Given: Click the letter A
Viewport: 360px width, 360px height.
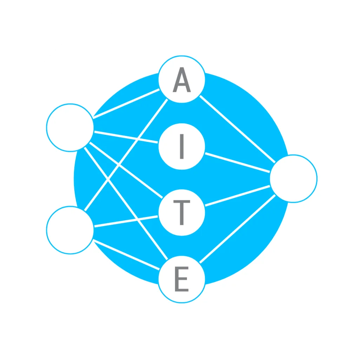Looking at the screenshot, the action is click(182, 79).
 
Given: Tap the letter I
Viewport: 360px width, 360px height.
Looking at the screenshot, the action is click(182, 146).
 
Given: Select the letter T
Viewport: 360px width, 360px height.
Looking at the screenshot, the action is click(182, 213).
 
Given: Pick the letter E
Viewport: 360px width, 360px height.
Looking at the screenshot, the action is click(182, 279).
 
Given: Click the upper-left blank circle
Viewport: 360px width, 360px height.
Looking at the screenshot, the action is click(70, 128).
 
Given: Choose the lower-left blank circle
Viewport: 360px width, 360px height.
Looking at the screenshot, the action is click(70, 230).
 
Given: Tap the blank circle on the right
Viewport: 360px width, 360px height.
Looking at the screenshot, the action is click(293, 179).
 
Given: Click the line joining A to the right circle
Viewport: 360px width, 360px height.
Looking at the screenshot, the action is click(238, 129).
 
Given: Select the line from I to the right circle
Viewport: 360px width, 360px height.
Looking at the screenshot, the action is click(238, 162).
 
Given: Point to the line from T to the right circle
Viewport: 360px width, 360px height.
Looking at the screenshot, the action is click(238, 195).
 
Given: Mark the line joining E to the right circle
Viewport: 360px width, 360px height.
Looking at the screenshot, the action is click(238, 229).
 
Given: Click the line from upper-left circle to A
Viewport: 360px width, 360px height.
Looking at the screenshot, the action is click(126, 104).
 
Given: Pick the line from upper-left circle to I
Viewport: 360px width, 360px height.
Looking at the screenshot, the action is click(126, 137).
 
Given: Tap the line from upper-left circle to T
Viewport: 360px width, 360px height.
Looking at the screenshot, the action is click(126, 170).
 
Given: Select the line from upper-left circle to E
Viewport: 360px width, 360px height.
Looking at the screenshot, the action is click(126, 204).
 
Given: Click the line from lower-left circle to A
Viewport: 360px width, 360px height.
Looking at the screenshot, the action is click(126, 155).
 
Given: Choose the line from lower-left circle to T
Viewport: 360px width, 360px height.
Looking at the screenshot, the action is click(126, 221).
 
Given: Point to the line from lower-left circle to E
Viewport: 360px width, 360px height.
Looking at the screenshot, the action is click(126, 254).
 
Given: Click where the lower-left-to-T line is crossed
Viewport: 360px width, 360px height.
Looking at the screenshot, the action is click(138, 220).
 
